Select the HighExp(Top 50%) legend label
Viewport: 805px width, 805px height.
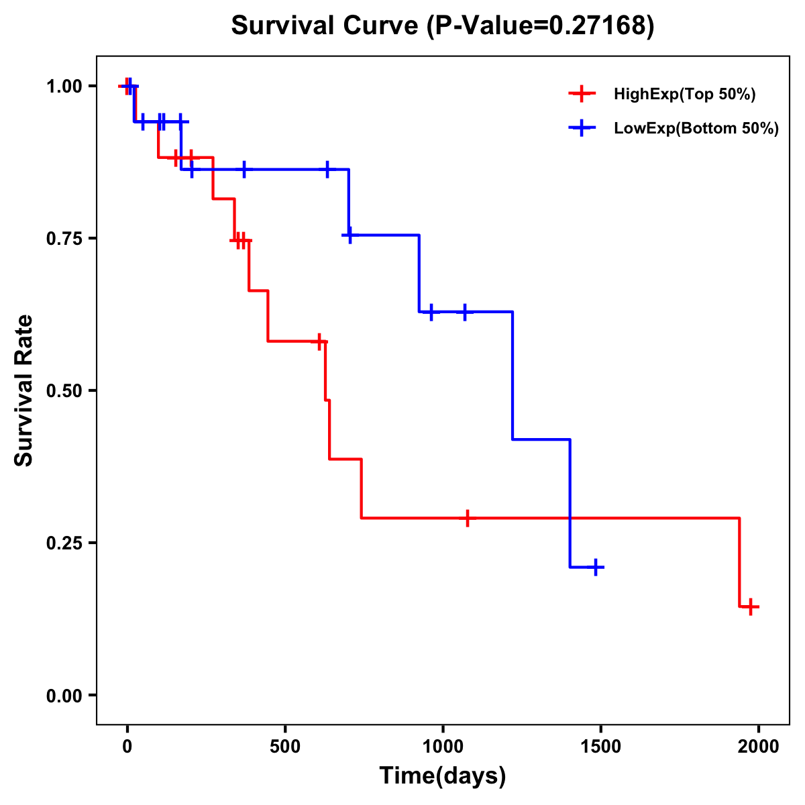[x=684, y=95]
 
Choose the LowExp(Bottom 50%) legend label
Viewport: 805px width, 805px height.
[x=696, y=129]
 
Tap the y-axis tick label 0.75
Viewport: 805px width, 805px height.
[x=63, y=239]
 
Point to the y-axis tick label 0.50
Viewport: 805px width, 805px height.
[x=63, y=391]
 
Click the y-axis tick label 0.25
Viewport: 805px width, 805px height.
[x=63, y=543]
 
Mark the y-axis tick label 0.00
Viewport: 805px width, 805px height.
[x=63, y=696]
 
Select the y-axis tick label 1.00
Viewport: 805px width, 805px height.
[x=63, y=87]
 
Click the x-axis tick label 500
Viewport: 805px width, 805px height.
[x=285, y=747]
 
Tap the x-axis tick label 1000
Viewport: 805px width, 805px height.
[x=443, y=747]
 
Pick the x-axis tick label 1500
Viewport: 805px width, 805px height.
[x=601, y=747]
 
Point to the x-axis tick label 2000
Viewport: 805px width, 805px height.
[x=759, y=747]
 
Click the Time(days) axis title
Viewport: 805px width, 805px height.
[x=443, y=776]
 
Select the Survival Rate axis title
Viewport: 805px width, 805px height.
[x=24, y=390]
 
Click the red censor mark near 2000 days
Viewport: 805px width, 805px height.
[x=751, y=606]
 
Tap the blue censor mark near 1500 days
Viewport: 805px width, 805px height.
[x=594, y=568]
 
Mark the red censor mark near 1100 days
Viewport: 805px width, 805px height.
[x=468, y=518]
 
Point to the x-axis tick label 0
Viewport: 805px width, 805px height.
[x=127, y=747]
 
